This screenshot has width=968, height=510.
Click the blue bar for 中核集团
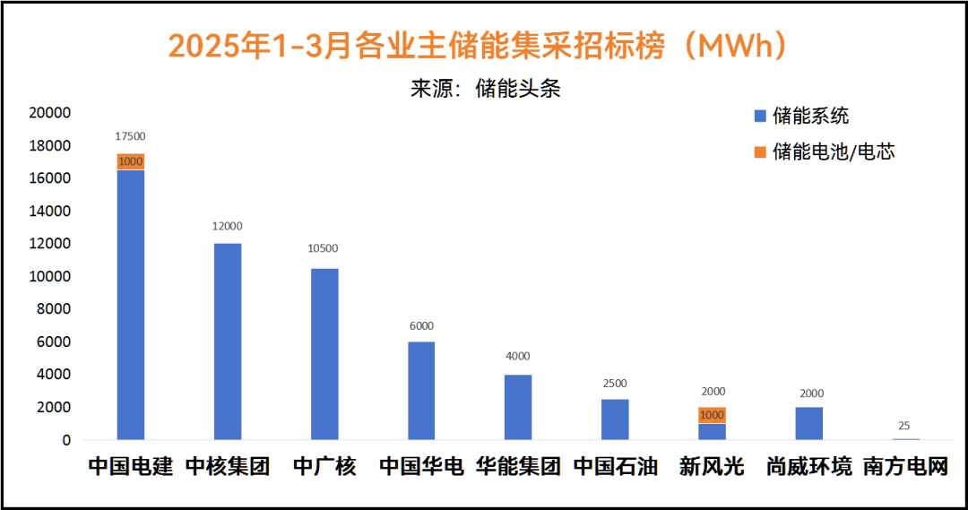[228, 341]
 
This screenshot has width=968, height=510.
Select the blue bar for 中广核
[324, 354]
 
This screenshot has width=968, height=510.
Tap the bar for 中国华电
[421, 391]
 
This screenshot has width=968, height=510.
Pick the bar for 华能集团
[518, 407]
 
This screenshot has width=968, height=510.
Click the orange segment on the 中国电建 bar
[131, 161]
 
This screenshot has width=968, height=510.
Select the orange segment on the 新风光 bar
[712, 415]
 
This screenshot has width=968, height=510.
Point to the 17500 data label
[131, 136]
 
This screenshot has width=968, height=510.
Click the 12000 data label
[228, 226]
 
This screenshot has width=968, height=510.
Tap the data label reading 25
[905, 426]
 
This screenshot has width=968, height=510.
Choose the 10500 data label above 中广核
[324, 248]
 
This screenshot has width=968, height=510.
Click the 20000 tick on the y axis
[49, 113]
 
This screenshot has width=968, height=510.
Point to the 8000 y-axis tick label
[53, 309]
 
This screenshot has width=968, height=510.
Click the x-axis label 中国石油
[615, 467]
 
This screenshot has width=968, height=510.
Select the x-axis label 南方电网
[905, 467]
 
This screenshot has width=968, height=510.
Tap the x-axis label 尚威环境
[808, 467]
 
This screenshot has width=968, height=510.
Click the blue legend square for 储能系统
[761, 116]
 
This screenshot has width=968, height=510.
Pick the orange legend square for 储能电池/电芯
[761, 151]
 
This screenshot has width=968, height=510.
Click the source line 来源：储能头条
[485, 89]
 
